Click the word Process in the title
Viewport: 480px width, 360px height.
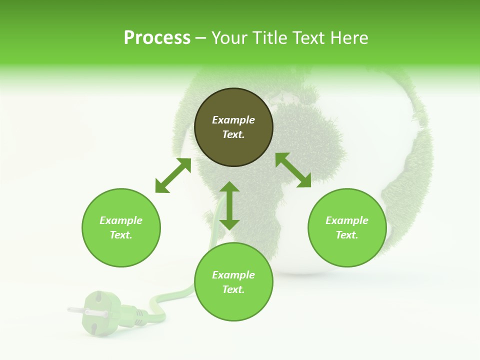pyautogui.click(x=157, y=38)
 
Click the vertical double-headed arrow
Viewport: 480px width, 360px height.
pyautogui.click(x=229, y=205)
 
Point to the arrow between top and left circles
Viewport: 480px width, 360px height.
pyautogui.click(x=173, y=175)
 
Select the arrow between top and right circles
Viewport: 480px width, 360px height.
pyautogui.click(x=293, y=170)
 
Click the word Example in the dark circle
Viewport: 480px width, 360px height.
pyautogui.click(x=233, y=120)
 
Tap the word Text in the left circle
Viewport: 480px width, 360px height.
pyautogui.click(x=121, y=235)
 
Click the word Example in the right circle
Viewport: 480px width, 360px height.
pyautogui.click(x=347, y=220)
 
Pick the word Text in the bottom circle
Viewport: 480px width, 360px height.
pyautogui.click(x=233, y=289)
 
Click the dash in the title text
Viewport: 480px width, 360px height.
pyautogui.click(x=200, y=38)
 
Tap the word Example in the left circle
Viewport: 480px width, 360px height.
pyautogui.click(x=121, y=220)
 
